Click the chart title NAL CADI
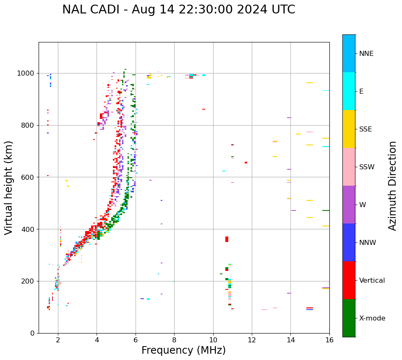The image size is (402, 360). point(178,10)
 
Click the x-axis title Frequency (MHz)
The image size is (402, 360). point(183,350)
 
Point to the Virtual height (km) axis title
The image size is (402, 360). point(9,188)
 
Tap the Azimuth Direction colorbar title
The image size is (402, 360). point(392,186)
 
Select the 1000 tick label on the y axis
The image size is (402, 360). point(26,73)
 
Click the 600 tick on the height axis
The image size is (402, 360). point(28,177)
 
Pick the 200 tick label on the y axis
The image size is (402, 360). point(28,281)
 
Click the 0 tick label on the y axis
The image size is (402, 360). point(33,333)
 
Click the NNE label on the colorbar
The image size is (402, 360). point(366,54)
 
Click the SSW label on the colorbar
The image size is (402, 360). point(366,167)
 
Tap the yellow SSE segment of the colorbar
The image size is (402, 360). point(349,129)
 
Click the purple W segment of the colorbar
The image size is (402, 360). point(349,205)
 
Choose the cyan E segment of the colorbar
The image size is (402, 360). point(349,91)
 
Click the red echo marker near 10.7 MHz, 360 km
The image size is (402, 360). point(227,239)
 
